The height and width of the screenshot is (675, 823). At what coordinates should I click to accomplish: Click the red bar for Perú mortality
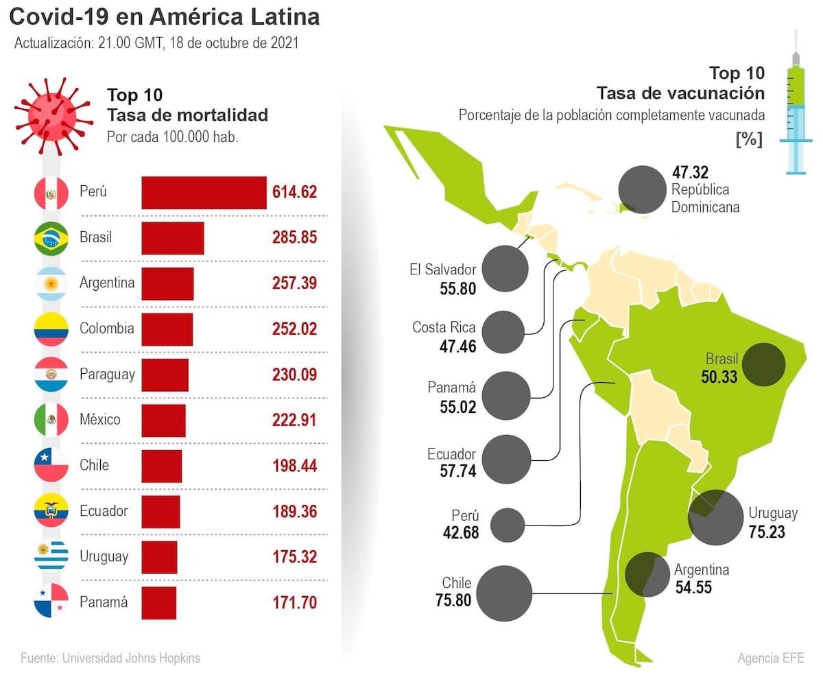(204, 193)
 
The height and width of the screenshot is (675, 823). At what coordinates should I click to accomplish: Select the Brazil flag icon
(51, 239)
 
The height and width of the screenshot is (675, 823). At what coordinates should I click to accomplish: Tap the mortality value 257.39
(294, 283)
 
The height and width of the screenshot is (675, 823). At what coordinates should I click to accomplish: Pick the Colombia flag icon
(51, 329)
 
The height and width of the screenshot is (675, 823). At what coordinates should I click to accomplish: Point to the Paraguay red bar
(165, 375)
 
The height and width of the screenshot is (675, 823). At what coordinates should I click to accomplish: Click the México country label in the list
(100, 419)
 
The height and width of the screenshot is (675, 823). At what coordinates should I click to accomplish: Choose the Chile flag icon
(51, 465)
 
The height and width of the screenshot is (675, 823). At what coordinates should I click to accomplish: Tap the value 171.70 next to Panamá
(294, 603)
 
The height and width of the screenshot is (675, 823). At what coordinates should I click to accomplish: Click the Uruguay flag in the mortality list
(51, 556)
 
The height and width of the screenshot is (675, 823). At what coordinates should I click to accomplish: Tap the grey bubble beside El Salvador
(505, 268)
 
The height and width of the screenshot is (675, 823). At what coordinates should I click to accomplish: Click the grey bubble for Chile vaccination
(504, 593)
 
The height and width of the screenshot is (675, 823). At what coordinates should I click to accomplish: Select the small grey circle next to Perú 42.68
(508, 525)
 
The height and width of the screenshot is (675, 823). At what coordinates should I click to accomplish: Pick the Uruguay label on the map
(773, 513)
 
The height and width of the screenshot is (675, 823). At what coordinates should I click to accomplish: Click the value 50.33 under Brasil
(719, 376)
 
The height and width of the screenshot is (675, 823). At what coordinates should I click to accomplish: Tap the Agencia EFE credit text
(770, 658)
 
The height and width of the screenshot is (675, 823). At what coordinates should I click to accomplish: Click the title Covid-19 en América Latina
(165, 16)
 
